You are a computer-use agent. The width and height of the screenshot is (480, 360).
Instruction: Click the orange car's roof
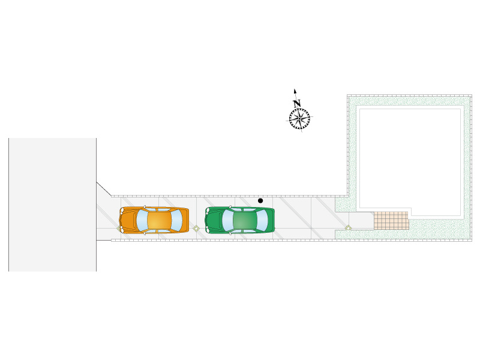click(158, 221)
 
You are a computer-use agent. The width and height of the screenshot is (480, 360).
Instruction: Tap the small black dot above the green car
click(260, 200)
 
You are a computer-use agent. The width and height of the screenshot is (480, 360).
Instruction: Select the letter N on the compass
click(296, 103)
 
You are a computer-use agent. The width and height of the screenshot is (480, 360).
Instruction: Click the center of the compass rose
click(299, 118)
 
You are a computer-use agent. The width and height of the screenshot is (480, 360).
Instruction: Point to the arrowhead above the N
click(295, 91)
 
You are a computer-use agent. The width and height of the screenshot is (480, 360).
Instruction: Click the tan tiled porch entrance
click(391, 220)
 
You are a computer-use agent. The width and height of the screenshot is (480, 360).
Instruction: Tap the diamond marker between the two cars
click(196, 228)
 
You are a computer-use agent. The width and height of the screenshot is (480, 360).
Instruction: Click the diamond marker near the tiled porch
click(348, 227)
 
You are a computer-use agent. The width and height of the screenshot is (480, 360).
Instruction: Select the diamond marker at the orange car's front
click(119, 228)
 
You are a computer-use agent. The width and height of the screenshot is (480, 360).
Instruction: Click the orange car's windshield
click(142, 221)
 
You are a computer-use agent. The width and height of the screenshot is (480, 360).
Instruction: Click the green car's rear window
click(262, 221)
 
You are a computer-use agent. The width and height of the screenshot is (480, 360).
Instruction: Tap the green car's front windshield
click(227, 221)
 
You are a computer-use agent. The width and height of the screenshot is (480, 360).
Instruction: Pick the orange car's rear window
click(176, 221)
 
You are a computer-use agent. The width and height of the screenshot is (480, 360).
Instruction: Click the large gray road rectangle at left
click(52, 204)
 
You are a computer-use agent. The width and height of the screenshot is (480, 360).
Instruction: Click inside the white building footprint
click(409, 159)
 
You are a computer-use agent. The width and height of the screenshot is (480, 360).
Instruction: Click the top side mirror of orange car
click(145, 207)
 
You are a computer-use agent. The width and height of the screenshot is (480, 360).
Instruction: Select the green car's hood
click(213, 221)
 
